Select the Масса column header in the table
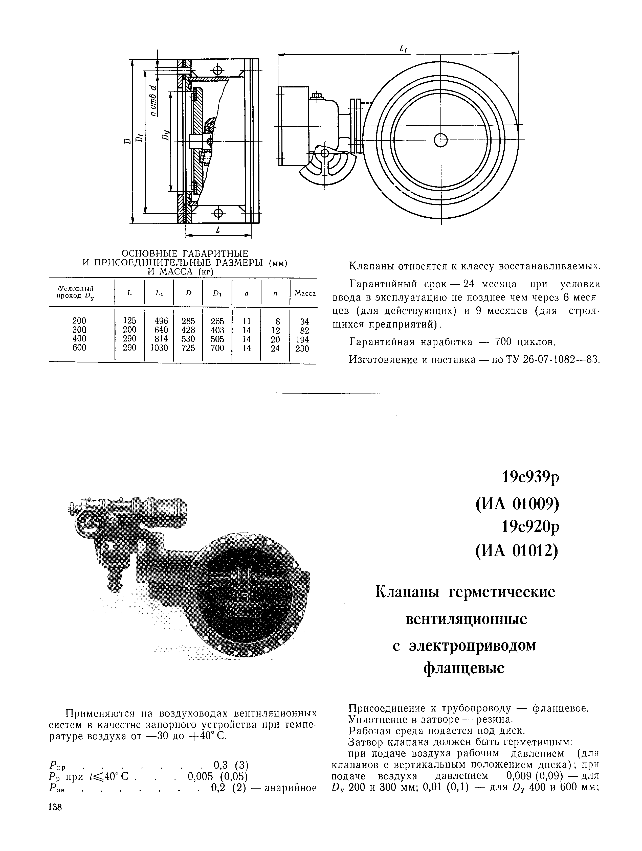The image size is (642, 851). pos(305,293)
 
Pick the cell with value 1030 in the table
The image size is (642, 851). pos(159,348)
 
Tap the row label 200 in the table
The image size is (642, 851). pos(79,320)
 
